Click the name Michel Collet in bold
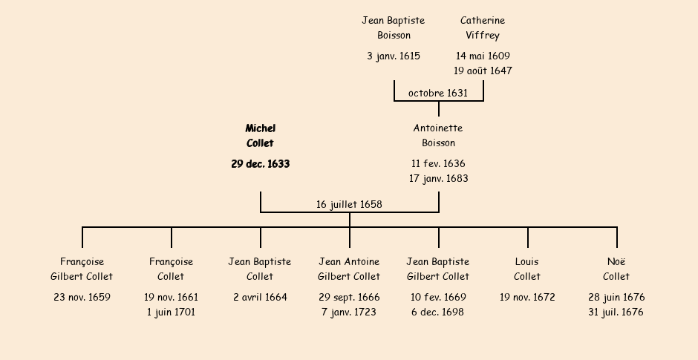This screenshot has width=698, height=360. (x=260, y=136)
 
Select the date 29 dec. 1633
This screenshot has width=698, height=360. (x=260, y=164)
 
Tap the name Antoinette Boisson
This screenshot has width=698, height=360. (x=438, y=136)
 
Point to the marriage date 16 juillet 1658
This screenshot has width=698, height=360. (x=349, y=204)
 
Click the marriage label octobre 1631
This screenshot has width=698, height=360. (x=438, y=93)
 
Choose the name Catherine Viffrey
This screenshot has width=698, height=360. (x=483, y=28)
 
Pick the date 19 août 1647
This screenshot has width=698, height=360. (x=483, y=71)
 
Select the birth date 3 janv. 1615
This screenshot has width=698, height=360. (x=394, y=56)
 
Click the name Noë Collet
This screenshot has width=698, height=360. (x=616, y=269)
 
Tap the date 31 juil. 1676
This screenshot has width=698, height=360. (x=616, y=312)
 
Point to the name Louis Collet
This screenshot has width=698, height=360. (x=527, y=269)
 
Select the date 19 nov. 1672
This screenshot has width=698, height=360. (x=527, y=298)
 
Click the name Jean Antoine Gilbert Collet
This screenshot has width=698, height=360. (x=349, y=269)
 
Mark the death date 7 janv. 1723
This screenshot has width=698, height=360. (x=349, y=312)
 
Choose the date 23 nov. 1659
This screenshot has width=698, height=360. (x=82, y=298)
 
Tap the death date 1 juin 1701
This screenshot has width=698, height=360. (x=171, y=312)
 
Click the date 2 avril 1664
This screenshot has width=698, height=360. (x=260, y=298)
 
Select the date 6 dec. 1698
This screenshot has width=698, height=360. (x=438, y=312)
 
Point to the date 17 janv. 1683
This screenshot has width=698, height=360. (x=438, y=179)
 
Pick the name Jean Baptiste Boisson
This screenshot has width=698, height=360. (x=394, y=28)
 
